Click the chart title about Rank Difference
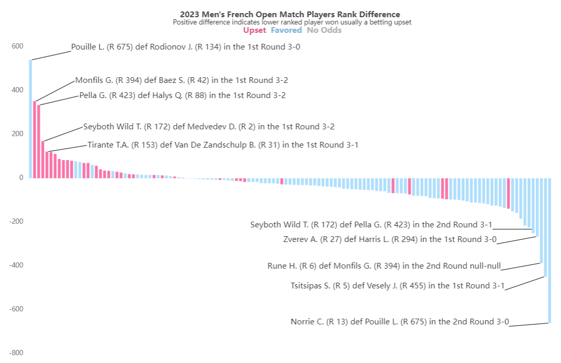coord(290,15)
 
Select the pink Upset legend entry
coord(255,30)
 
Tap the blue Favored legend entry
coord(286,30)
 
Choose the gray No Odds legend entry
coord(324,30)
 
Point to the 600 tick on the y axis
coord(17,46)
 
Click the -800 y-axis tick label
coord(16,353)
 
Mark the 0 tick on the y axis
coord(21,178)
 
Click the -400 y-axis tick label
coord(16,265)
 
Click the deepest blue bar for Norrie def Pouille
coord(550,250)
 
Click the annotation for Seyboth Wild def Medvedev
coord(209,127)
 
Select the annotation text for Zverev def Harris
coord(389,239)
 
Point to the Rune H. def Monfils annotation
coord(384,266)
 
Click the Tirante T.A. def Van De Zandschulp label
coord(223,145)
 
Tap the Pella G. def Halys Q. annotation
coord(182,95)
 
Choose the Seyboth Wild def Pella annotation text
coord(371,225)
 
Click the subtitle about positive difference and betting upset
coord(292,22)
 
